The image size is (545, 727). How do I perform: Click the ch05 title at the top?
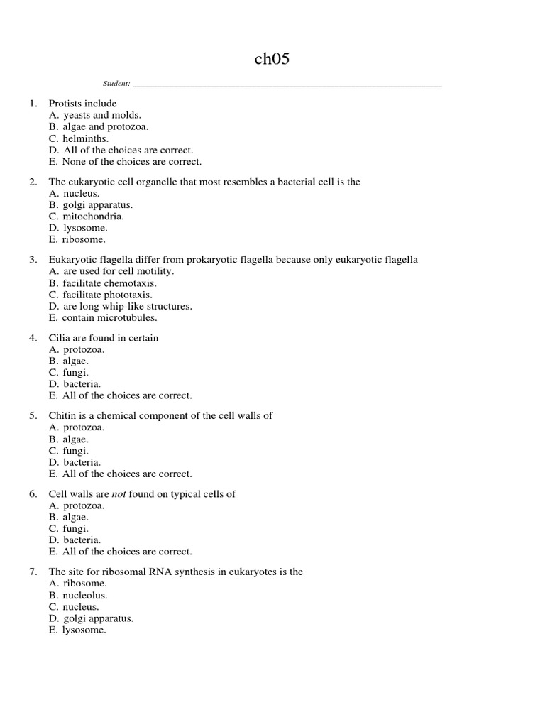(272, 60)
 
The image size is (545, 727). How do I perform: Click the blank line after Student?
(287, 84)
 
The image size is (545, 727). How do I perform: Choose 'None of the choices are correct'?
(131, 162)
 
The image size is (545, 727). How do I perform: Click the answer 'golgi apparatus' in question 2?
(97, 205)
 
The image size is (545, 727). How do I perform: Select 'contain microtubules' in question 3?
(109, 317)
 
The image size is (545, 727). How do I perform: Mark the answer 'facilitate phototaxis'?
(107, 295)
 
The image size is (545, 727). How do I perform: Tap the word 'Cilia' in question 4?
(60, 338)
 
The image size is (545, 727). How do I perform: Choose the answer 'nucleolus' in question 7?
(87, 596)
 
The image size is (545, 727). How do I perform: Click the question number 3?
(33, 260)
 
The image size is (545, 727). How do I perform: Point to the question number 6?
(33, 494)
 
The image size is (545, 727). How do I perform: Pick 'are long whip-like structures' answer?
(127, 306)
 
